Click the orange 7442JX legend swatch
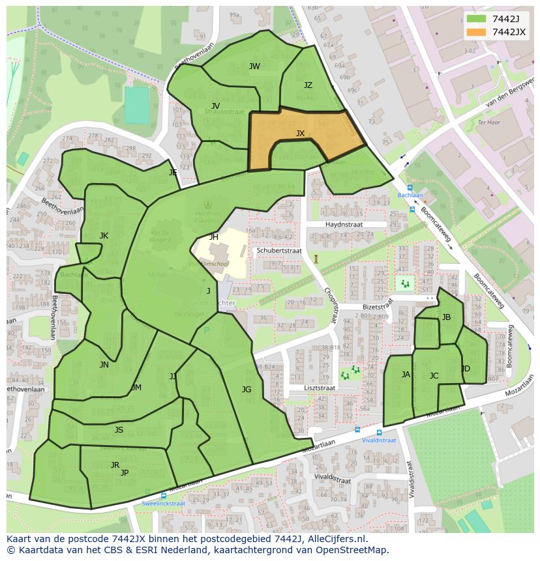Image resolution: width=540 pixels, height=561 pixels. pos(477,32)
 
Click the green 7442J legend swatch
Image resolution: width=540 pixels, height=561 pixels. pos(477,19)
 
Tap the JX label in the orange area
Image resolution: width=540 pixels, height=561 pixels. pos(300,134)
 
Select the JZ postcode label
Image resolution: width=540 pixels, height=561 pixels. pos(308,85)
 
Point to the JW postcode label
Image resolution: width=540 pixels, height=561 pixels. pos(254,66)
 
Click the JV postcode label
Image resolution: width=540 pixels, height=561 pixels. pos(215,106)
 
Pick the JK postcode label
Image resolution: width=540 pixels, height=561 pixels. pos(104,236)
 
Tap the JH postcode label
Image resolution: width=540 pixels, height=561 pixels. pos(214,237)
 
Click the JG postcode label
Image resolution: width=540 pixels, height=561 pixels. pos(246,390)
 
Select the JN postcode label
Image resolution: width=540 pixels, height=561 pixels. pos(104,365)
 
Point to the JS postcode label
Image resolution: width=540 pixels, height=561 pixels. pos(119,430)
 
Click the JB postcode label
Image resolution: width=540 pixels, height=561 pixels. pos(446,317)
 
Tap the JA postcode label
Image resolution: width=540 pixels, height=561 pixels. pos(406,375)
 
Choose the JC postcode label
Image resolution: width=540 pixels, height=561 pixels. pos(434,376)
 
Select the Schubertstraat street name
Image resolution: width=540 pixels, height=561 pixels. pos(279,250)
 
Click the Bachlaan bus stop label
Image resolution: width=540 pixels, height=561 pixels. pos(410,195)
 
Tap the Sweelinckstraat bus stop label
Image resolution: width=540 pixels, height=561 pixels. pos(163,503)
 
